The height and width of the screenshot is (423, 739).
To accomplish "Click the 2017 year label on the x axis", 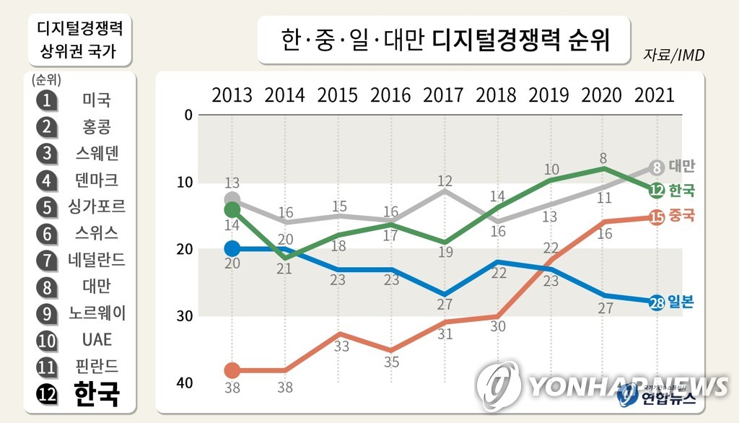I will click(x=443, y=95).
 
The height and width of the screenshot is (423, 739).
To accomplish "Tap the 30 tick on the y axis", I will click(x=184, y=316).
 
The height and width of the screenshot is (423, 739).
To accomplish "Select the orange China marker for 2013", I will click(x=232, y=370).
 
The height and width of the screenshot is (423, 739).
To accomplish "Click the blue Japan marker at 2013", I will click(x=232, y=248).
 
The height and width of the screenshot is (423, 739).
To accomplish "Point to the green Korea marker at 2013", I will click(x=232, y=209).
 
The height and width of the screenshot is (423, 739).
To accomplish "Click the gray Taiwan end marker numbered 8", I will click(x=656, y=167).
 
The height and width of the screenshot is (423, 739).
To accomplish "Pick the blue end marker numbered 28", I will click(x=656, y=303).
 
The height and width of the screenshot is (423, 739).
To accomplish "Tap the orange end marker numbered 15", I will click(x=656, y=215).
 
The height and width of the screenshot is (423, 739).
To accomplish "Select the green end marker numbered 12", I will click(x=656, y=191).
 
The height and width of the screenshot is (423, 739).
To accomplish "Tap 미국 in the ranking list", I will click(x=97, y=100).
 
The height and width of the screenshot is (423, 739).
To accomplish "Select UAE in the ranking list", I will click(x=97, y=339).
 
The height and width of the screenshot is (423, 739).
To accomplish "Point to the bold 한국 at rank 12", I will click(x=97, y=394).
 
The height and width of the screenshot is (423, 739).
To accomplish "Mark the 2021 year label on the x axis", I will click(x=654, y=95).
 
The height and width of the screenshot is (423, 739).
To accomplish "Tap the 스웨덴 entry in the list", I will click(x=97, y=153).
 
